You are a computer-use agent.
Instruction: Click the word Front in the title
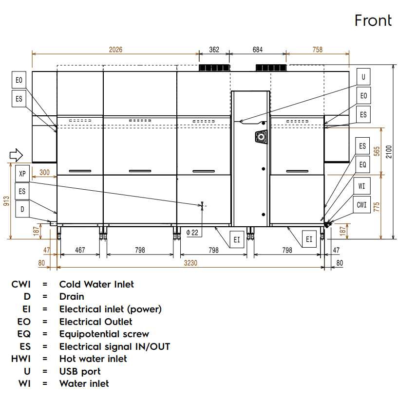[373, 20]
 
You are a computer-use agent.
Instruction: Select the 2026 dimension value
[115, 50]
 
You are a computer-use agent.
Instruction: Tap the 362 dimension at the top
[214, 50]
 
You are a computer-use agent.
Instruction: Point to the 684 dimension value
[258, 50]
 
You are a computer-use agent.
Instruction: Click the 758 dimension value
[317, 50]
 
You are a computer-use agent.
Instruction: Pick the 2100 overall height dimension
[388, 152]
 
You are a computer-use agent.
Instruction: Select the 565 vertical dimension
[377, 151]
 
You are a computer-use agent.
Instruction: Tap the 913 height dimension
[6, 201]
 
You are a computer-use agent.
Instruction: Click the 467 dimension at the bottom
[80, 250]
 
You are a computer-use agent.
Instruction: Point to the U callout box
[363, 77]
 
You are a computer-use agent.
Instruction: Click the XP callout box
[22, 173]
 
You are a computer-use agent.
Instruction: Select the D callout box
[22, 209]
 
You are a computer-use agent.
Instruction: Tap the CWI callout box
[361, 205]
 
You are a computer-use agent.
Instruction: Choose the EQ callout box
[362, 165]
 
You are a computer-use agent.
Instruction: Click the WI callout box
[361, 186]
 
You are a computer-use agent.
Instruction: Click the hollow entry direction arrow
[16, 155]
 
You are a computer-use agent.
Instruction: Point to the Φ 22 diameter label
[192, 233]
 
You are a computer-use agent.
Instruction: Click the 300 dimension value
[44, 172]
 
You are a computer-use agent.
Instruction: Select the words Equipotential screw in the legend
[104, 334]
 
